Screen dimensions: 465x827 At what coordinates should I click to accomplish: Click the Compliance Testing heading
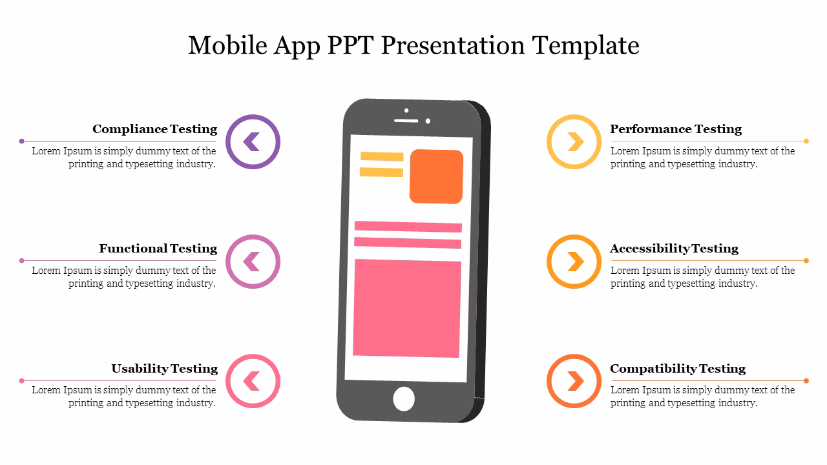pyautogui.click(x=154, y=129)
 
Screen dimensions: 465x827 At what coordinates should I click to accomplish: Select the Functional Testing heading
pyautogui.click(x=158, y=249)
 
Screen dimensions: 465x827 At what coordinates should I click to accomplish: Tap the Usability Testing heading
pyautogui.click(x=164, y=369)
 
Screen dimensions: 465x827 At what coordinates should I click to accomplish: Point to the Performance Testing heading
pyautogui.click(x=676, y=129)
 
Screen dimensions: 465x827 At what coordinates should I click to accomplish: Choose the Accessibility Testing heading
pyautogui.click(x=674, y=249)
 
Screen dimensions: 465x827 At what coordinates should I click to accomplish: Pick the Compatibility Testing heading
pyautogui.click(x=678, y=369)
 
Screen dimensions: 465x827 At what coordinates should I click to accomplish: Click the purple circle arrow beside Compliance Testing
pyautogui.click(x=253, y=142)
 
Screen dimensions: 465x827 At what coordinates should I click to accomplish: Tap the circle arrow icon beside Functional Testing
pyautogui.click(x=253, y=262)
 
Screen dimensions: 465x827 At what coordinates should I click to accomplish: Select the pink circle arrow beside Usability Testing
pyautogui.click(x=253, y=381)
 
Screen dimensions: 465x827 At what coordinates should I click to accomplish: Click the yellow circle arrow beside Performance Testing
pyautogui.click(x=574, y=142)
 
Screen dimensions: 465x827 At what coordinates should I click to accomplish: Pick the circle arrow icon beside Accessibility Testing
pyautogui.click(x=574, y=262)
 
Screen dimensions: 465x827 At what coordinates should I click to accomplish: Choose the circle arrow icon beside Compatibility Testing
pyautogui.click(x=574, y=381)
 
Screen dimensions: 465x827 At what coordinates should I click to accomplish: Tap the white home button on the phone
pyautogui.click(x=404, y=398)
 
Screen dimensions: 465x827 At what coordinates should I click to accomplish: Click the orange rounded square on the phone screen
pyautogui.click(x=436, y=176)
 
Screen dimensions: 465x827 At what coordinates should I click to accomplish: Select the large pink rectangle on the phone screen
pyautogui.click(x=407, y=308)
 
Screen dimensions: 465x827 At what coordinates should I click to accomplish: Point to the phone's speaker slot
pyautogui.click(x=406, y=120)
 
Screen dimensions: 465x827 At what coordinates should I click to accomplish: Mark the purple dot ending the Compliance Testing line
pyautogui.click(x=21, y=141)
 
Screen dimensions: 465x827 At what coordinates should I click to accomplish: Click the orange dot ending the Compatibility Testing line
pyautogui.click(x=806, y=380)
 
